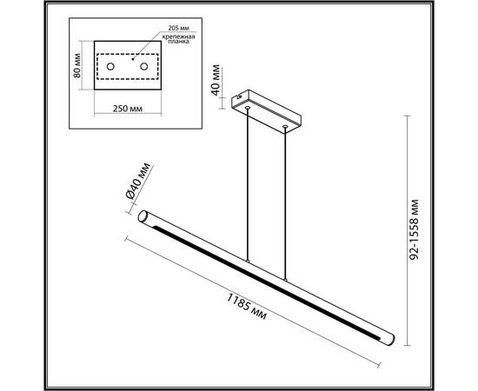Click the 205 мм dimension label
(x=174, y=30)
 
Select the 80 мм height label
(x=77, y=64)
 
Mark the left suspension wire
(x=248, y=182)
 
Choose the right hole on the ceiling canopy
(x=285, y=127)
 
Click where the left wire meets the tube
(x=248, y=260)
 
